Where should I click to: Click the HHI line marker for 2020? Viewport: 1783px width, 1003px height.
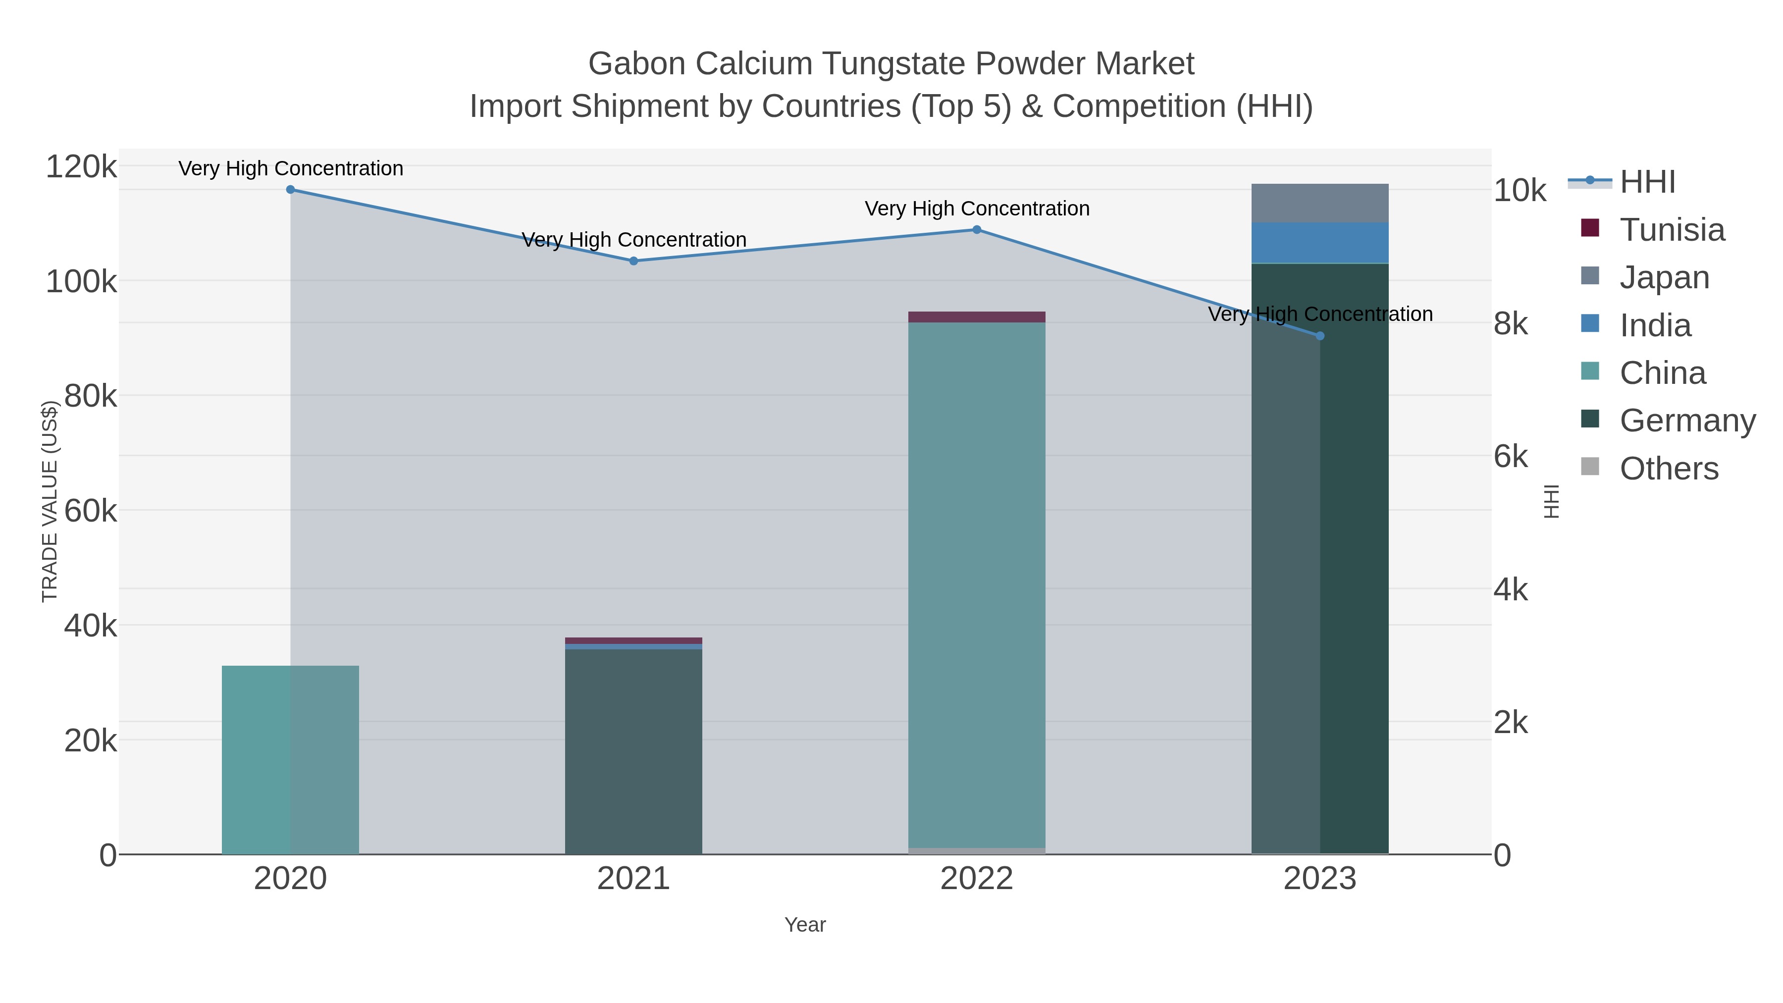[290, 190]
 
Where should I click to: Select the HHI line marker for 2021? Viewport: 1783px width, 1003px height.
[633, 261]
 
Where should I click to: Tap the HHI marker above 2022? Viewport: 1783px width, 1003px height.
[977, 230]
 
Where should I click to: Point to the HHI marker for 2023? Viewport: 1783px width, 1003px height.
[1320, 336]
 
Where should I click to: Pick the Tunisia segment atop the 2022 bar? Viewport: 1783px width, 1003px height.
[977, 317]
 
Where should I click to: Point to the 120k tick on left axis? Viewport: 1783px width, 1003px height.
[81, 167]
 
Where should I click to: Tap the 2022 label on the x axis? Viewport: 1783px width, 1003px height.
[977, 879]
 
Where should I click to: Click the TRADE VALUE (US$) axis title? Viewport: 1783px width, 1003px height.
[50, 501]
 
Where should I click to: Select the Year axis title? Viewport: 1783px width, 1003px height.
[805, 925]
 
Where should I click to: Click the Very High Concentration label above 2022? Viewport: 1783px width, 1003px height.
[977, 209]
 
